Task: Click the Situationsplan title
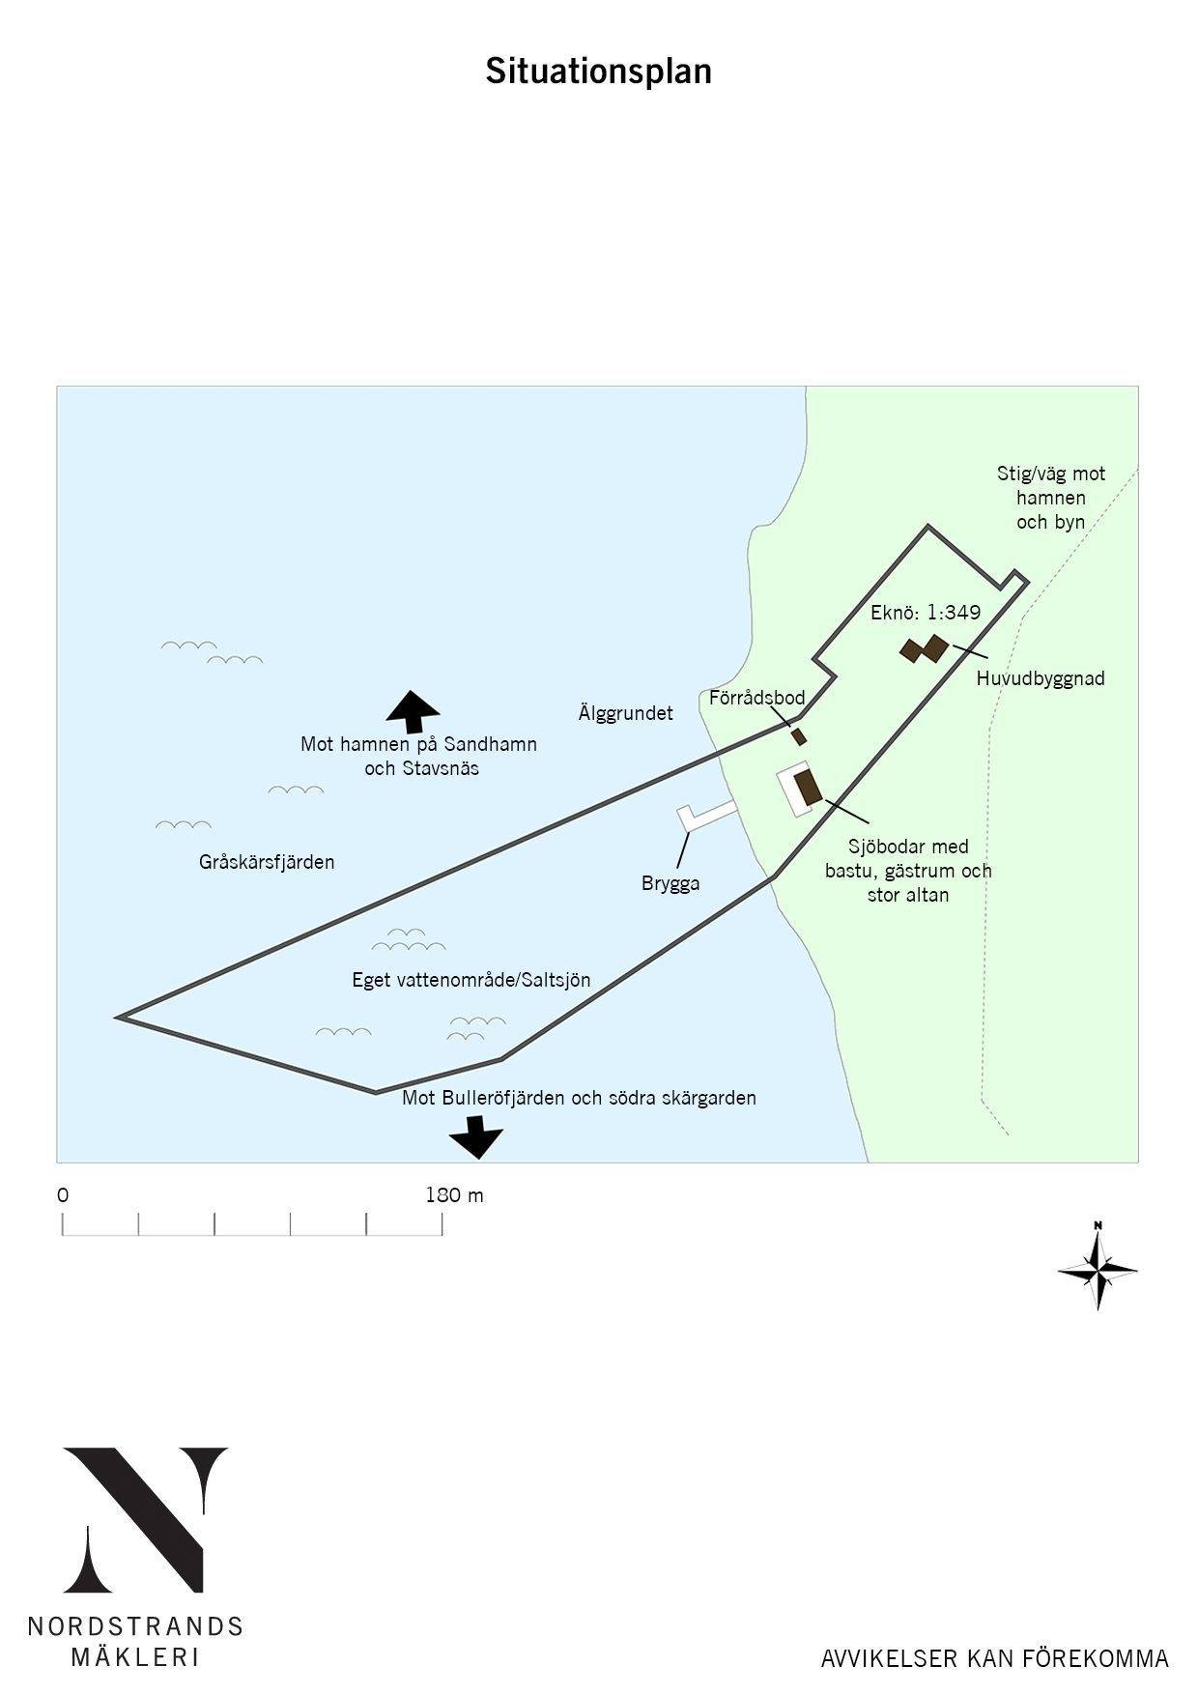click(x=598, y=72)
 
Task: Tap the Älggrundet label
click(x=625, y=713)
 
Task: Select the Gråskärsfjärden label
click(x=267, y=862)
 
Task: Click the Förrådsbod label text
click(x=756, y=697)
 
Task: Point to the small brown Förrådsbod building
click(x=799, y=736)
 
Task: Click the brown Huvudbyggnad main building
click(x=925, y=648)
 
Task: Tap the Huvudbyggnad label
click(x=1040, y=678)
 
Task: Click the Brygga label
click(x=670, y=883)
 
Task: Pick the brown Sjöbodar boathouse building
click(x=808, y=787)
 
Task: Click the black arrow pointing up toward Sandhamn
click(x=413, y=712)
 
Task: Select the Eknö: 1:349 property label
click(x=926, y=612)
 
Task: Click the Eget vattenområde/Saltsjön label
click(x=471, y=980)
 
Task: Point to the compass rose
click(x=1098, y=1267)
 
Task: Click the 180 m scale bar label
click(x=454, y=1195)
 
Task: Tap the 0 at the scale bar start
click(x=63, y=1195)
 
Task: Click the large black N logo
click(x=145, y=1520)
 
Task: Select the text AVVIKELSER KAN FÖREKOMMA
click(x=995, y=1659)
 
